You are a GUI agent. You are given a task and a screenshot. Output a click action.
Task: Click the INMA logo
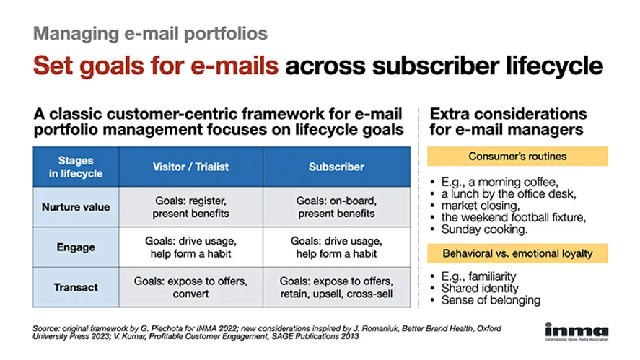[577, 331]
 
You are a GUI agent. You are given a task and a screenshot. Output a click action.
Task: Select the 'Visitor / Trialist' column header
[190, 167]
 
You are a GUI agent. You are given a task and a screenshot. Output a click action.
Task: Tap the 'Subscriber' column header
[336, 167]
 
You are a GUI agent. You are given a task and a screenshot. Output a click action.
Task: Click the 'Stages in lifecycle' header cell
[76, 167]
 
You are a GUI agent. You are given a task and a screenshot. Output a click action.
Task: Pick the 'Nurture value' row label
[76, 207]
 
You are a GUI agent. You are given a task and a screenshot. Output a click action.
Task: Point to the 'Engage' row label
[76, 247]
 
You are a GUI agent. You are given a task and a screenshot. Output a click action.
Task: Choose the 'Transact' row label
[76, 287]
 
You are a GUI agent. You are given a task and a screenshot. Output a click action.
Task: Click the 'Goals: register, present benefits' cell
[190, 207]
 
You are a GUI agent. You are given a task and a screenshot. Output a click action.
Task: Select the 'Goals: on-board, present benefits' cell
[336, 207]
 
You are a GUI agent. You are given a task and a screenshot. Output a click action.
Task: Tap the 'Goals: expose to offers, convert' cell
[190, 287]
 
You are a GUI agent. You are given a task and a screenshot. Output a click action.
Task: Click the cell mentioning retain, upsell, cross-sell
[336, 287]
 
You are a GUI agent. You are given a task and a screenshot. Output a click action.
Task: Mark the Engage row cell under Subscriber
[336, 247]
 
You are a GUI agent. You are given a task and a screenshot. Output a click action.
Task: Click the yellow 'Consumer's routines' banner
[517, 157]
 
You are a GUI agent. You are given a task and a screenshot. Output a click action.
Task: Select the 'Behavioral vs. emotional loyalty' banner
[517, 253]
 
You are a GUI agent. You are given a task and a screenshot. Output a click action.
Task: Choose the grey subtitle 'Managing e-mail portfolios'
[150, 33]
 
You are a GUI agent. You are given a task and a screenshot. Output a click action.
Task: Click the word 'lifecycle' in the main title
[554, 66]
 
